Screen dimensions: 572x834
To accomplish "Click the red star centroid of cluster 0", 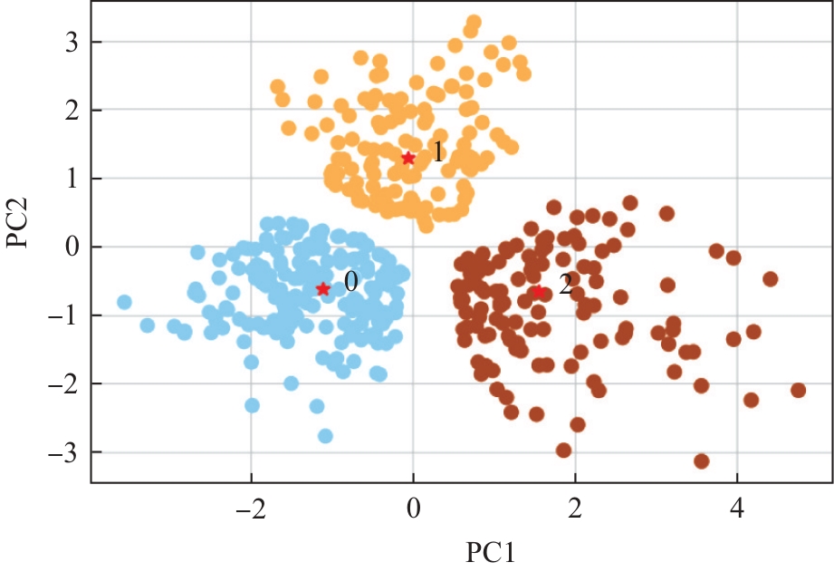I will [x=322, y=288].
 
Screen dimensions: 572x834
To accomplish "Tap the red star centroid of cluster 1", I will [x=408, y=158].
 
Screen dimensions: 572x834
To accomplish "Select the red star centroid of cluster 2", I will [x=538, y=291].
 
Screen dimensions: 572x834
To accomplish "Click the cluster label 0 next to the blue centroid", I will [x=351, y=282].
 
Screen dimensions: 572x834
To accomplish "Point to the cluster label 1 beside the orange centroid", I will [x=437, y=152].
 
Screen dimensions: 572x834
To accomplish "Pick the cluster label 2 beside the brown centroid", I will [x=566, y=286].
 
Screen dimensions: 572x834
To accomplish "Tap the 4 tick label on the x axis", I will [x=736, y=507].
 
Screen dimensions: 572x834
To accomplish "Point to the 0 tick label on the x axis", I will [x=413, y=507].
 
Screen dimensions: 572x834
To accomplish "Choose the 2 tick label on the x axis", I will [x=574, y=507].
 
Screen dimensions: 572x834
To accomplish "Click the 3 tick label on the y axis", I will [x=70, y=42].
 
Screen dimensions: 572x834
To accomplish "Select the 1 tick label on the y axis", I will [x=70, y=179].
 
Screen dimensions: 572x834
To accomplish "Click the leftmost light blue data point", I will [x=125, y=302].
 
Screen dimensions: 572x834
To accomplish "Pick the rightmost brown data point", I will [x=798, y=390].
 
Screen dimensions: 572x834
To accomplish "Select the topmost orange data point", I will [x=473, y=22].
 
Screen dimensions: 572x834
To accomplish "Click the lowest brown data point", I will [x=701, y=461].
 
